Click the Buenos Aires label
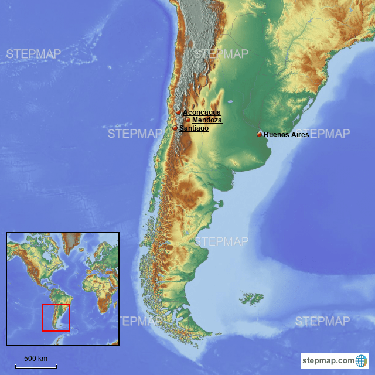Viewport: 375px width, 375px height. point(286,135)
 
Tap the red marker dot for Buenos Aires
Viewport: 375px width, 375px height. point(259,134)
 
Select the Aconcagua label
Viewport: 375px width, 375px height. point(202,112)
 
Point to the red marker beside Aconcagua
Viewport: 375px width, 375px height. point(179,112)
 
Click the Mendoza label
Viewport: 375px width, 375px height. point(207,120)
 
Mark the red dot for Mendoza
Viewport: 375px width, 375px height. point(187,120)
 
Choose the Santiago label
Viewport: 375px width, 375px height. point(194,128)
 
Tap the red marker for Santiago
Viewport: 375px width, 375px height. point(175,128)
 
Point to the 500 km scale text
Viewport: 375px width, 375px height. point(35,359)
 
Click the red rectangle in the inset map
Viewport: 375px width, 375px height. point(55,318)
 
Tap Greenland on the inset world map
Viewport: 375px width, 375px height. point(72,240)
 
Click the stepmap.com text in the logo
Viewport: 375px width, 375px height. point(329,360)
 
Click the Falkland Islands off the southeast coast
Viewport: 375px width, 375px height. point(251,299)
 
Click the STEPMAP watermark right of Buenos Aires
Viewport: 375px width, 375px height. point(322,134)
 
